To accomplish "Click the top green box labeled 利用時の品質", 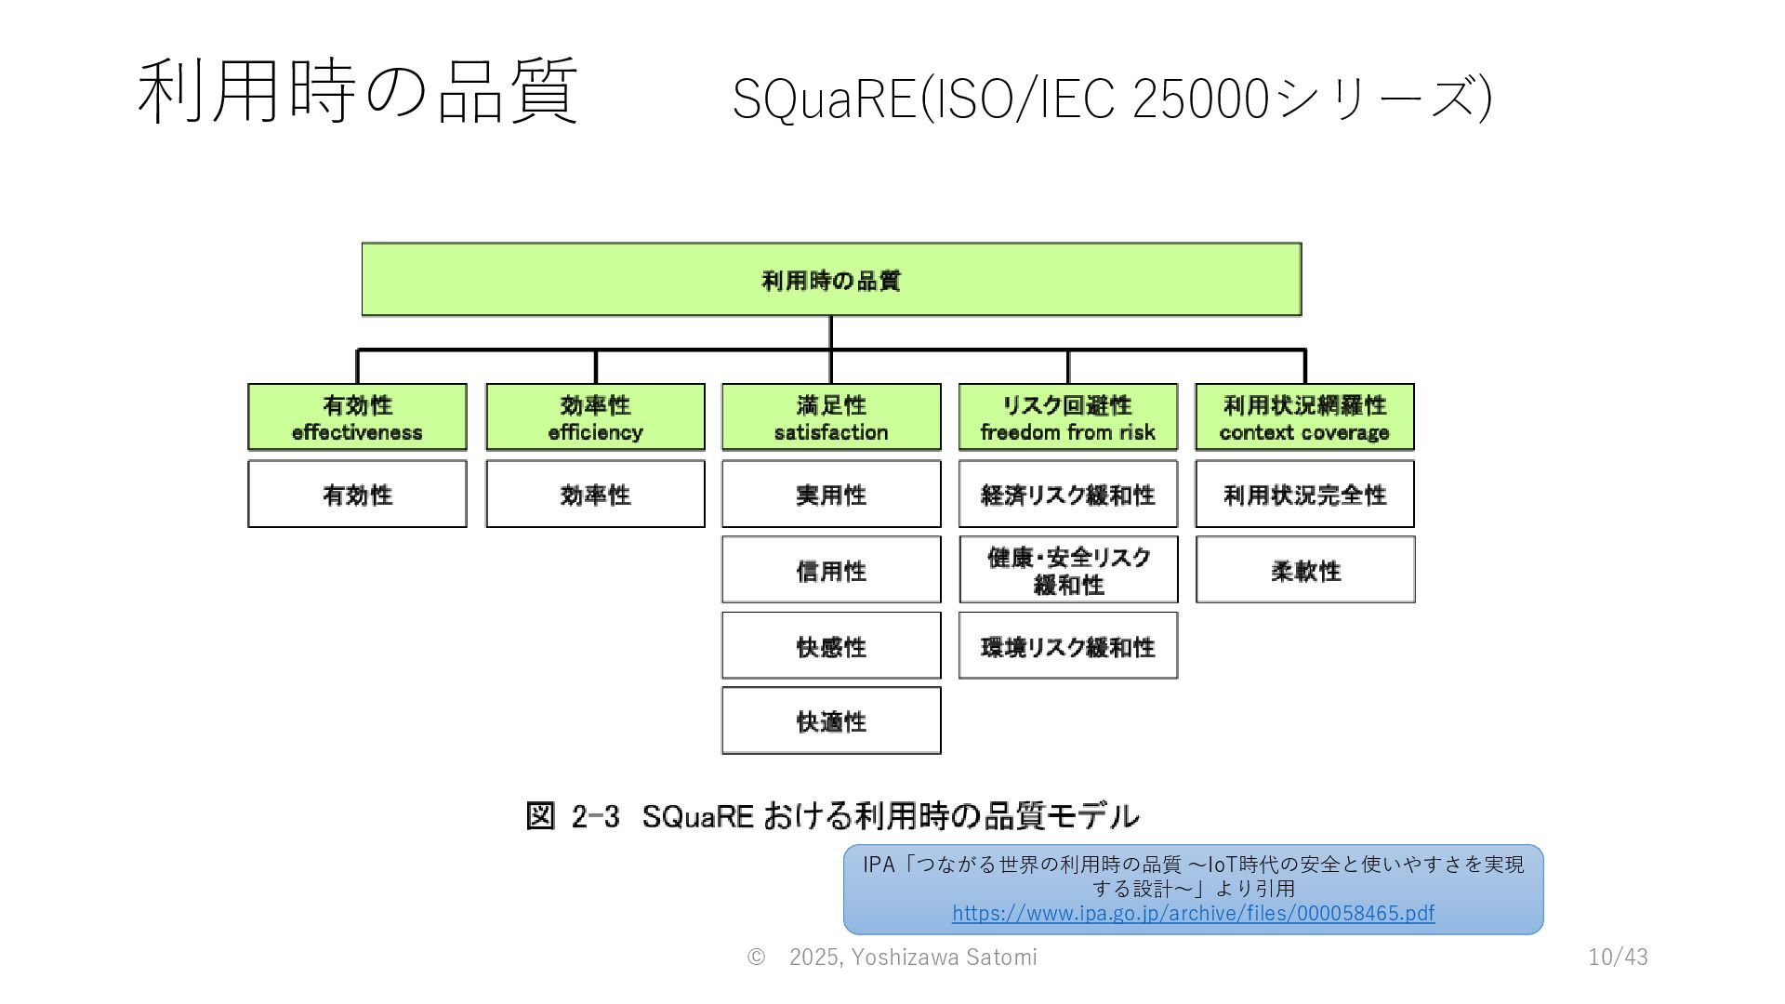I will (x=831, y=280).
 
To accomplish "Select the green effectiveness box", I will (x=357, y=417).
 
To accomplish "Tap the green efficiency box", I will (x=595, y=417).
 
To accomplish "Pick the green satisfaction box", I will (x=831, y=417).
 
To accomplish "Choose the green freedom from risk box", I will (x=1067, y=417).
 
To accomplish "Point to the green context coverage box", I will (x=1304, y=417).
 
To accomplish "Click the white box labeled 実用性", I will (x=831, y=495).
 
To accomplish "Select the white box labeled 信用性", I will (x=831, y=570).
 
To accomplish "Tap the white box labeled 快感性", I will (x=831, y=646).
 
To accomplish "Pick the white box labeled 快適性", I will (x=831, y=721).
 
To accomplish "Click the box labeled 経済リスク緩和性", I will (x=1067, y=495).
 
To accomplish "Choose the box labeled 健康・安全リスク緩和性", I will (x=1068, y=570).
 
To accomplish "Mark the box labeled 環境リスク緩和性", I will (x=1067, y=646).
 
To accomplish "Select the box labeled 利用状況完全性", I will (x=1304, y=495).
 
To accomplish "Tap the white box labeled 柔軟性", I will (x=1305, y=570).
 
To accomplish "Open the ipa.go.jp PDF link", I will (x=1193, y=913).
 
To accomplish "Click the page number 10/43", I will (x=1618, y=957).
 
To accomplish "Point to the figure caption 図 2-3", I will (x=832, y=816).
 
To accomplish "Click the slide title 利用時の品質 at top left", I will (x=358, y=91).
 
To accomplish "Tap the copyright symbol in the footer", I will (x=756, y=957).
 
